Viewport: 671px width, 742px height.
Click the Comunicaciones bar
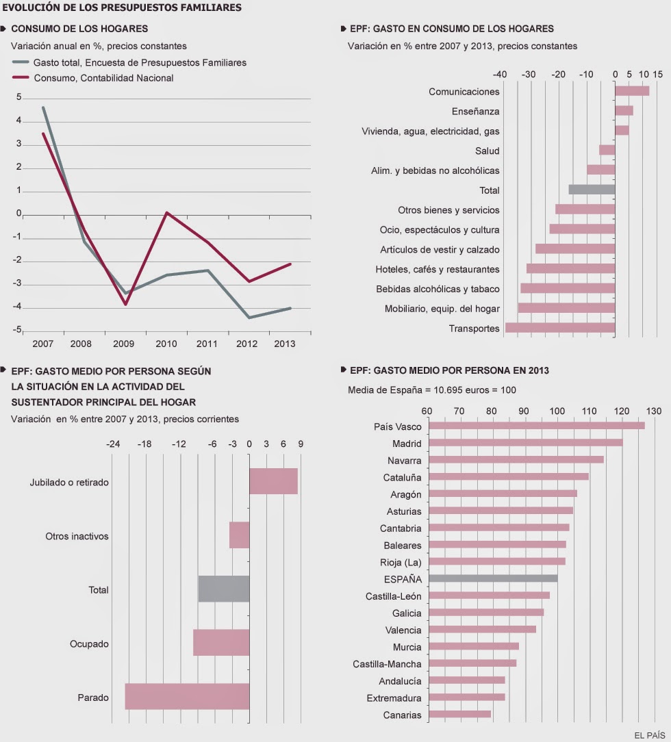[x=632, y=91]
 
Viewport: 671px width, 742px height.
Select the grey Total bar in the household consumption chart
[x=592, y=190]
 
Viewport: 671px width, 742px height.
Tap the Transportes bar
[x=560, y=328]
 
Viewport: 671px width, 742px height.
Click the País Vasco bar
[x=535, y=426]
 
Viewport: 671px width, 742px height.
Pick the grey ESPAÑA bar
[x=492, y=578]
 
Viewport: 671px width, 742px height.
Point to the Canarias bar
[x=459, y=715]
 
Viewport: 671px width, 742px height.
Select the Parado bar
[x=187, y=697]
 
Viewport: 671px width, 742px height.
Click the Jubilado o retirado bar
[x=273, y=481]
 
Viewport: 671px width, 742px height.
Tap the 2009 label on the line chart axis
[x=125, y=344]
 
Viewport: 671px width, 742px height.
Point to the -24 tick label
[x=113, y=444]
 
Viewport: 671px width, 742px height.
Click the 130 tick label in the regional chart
[x=653, y=411]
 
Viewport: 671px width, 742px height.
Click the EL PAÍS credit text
[x=649, y=735]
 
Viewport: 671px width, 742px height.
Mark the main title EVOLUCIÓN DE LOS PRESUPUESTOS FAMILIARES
[x=122, y=9]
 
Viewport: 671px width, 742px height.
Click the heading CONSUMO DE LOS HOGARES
[x=79, y=29]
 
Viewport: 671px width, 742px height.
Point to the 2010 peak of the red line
[x=166, y=212]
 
